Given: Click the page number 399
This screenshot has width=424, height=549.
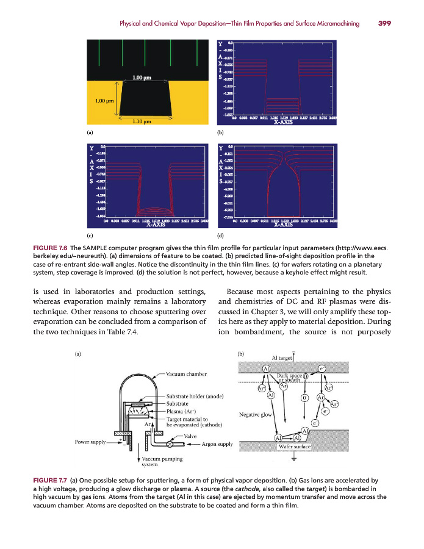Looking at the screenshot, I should (x=384, y=24).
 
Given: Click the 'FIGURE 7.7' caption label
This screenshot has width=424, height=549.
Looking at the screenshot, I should (x=49, y=481).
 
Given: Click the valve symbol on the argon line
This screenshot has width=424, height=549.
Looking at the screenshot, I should (x=170, y=443).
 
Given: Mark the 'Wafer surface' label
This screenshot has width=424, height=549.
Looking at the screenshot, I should (x=294, y=447).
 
